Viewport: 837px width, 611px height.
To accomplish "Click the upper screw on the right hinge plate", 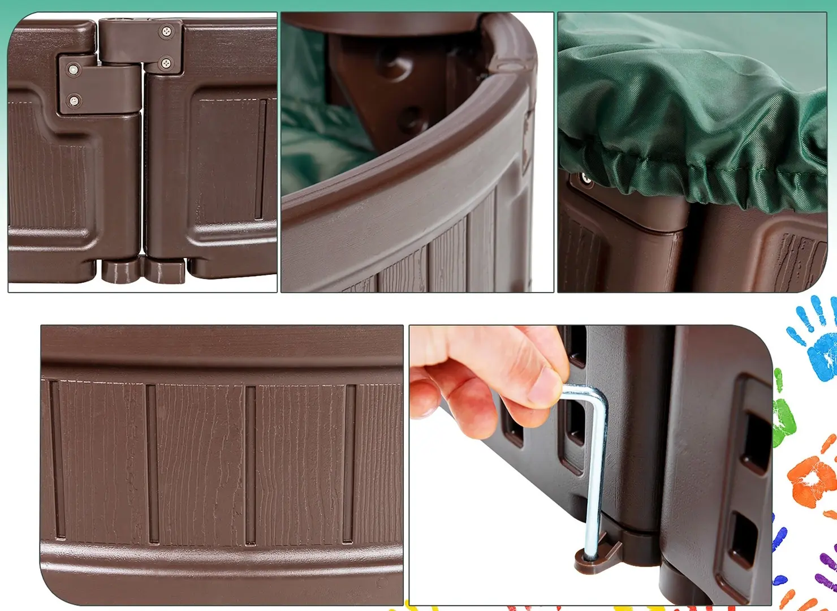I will coord(167,32).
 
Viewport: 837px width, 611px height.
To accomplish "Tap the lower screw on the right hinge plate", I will coord(166,63).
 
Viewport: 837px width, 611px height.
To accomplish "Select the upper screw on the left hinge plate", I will coord(73,70).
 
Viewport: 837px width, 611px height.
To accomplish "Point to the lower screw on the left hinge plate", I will coord(74,101).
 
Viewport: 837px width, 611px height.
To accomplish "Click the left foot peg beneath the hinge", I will coord(120,270).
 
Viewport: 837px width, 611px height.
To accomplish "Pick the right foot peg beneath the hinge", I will coord(165,270).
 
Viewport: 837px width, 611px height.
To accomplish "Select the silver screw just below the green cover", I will coord(586,180).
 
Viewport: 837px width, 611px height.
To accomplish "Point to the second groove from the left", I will coord(152,463).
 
